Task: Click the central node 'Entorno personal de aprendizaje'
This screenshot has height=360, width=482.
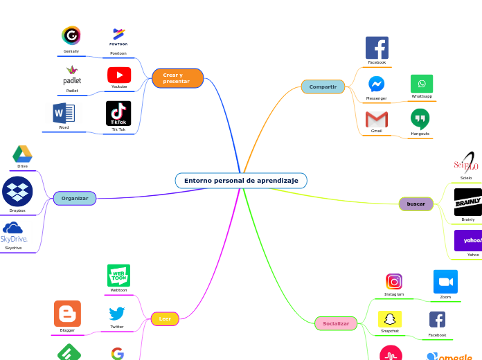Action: (241, 181)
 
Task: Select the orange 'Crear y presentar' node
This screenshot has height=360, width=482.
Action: (177, 78)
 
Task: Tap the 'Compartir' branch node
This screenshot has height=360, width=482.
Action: (323, 87)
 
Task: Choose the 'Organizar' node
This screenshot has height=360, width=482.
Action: (75, 199)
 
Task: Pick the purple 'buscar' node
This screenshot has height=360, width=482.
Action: (416, 204)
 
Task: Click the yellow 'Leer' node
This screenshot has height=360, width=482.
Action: (165, 319)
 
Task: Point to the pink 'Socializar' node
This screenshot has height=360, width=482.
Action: (336, 323)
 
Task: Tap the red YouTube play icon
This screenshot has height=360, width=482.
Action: (119, 75)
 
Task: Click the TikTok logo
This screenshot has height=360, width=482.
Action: (118, 113)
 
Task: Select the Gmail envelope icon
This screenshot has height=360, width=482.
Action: (377, 119)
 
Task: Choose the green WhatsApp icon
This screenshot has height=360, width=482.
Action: (422, 84)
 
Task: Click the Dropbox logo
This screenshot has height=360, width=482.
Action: (17, 192)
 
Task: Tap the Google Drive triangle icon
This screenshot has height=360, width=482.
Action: (23, 154)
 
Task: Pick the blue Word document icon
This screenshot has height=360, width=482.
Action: (64, 113)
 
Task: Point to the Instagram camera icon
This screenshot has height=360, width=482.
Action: (394, 282)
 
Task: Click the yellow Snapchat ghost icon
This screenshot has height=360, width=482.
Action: (390, 319)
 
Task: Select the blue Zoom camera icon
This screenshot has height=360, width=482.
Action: (445, 282)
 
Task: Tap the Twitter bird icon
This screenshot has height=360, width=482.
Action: (117, 314)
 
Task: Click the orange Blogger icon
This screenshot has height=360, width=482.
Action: (67, 314)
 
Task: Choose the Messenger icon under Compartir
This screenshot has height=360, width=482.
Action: (377, 84)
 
